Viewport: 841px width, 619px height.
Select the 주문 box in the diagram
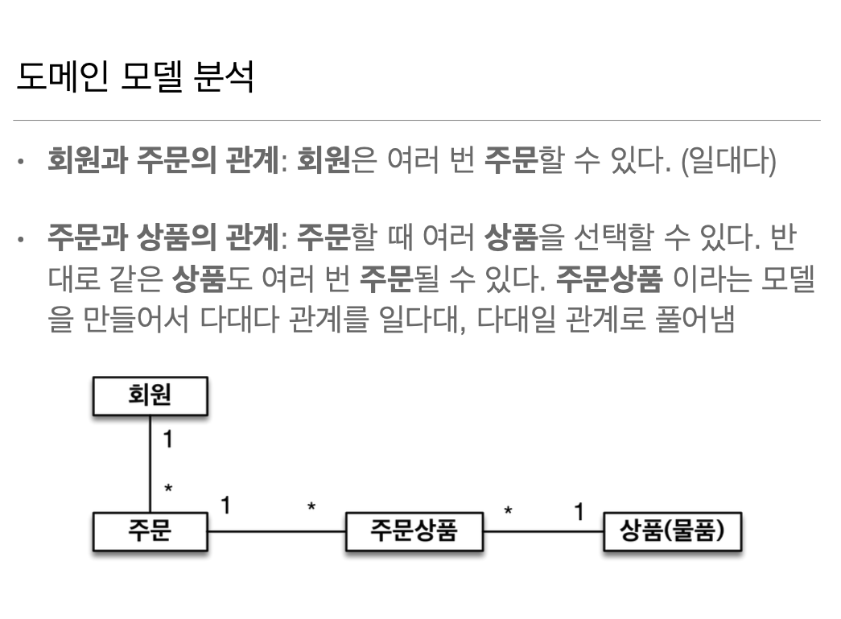pos(150,531)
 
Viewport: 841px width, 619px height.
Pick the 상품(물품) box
pos(673,531)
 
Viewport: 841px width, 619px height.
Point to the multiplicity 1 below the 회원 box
pos(167,439)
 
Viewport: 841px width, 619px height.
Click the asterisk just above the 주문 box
pos(168,489)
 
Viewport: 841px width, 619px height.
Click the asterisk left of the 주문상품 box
pos(311,507)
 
